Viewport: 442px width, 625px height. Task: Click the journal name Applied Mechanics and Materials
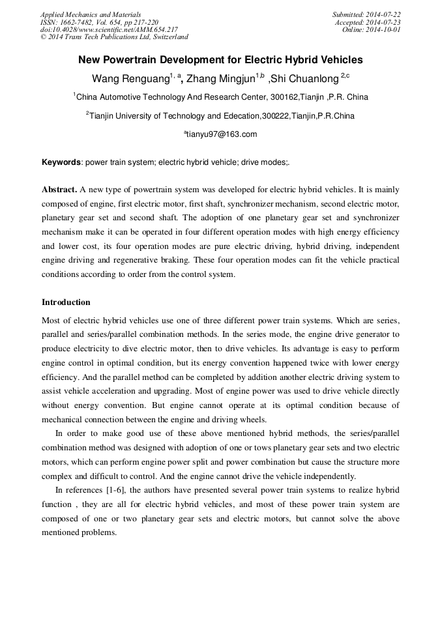(91, 14)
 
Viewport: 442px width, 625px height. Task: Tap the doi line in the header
(108, 29)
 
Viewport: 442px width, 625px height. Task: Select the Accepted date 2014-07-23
(384, 22)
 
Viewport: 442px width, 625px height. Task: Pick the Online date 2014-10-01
(385, 29)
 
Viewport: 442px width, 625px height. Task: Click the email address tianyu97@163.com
(222, 134)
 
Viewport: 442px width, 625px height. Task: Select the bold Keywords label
(61, 162)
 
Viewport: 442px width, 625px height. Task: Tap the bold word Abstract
(59, 190)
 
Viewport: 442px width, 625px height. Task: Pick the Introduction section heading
(66, 302)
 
